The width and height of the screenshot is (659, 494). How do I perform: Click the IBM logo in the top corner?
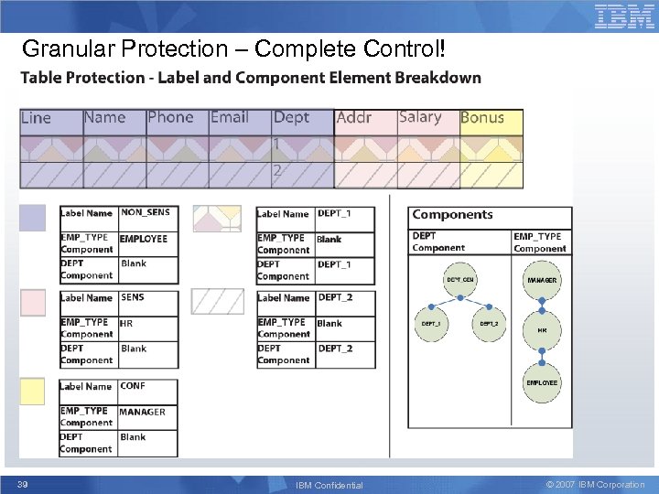coord(625,16)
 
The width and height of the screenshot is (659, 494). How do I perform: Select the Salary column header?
coord(420,117)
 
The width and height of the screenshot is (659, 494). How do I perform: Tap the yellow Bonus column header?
coord(482,118)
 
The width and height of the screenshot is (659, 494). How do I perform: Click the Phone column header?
coord(170,117)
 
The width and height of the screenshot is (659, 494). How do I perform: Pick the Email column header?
coord(230,117)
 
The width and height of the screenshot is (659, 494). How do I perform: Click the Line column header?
coord(37,118)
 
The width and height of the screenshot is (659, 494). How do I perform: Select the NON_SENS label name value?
coord(145,212)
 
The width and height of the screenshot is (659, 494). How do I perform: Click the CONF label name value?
coord(133,386)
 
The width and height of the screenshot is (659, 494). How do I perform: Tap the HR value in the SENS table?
coord(126,323)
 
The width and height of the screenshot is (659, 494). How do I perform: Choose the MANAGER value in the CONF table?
coord(142,412)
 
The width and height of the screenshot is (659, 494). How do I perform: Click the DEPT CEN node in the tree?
coord(459,280)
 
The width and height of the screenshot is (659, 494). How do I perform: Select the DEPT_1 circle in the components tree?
coord(430,324)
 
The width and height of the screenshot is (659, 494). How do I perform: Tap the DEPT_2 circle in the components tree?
coord(488,324)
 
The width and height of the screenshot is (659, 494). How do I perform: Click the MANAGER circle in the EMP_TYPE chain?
coord(542,280)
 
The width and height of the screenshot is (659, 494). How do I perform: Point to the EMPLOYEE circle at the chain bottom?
coord(542,382)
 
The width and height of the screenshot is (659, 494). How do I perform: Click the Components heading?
coord(452,215)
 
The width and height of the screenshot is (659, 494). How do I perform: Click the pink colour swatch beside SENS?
coord(32,303)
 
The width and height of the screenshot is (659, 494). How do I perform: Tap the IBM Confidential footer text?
coord(329,485)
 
